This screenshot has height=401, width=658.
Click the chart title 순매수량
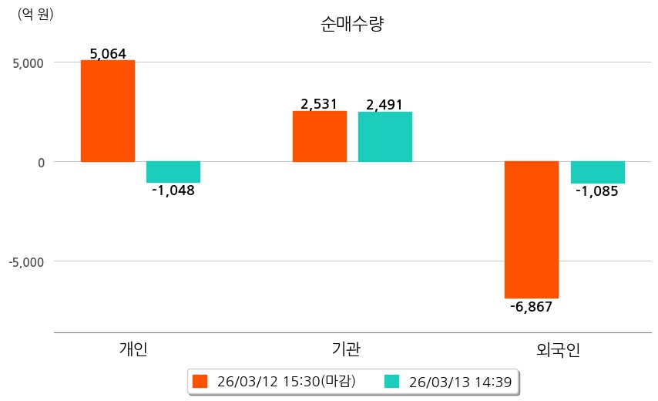click(x=352, y=24)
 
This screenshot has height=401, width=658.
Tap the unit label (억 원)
click(x=35, y=14)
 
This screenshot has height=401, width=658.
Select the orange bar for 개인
click(x=108, y=111)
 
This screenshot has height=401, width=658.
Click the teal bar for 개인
click(x=173, y=172)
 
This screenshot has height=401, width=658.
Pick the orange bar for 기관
click(x=320, y=136)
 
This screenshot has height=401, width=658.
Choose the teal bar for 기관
click(x=385, y=136)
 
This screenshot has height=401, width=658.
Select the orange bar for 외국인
click(x=532, y=230)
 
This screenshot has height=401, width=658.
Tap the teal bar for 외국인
click(x=597, y=172)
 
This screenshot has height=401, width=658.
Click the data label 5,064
click(x=108, y=54)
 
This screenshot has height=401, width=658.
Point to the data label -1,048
click(x=173, y=190)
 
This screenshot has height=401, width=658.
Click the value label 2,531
click(x=320, y=104)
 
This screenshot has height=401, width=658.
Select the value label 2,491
click(x=385, y=105)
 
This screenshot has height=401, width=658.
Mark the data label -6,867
click(x=532, y=306)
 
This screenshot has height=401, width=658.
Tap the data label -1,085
click(x=597, y=190)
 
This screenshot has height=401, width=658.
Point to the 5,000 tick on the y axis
click(x=29, y=62)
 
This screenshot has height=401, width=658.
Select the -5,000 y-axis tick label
click(x=26, y=261)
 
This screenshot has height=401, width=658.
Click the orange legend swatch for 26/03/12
click(x=200, y=381)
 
